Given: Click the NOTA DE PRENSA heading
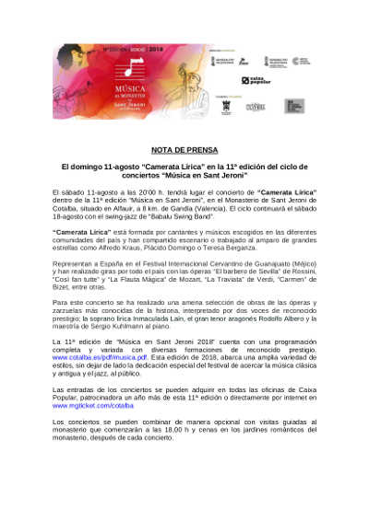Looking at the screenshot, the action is tap(184, 148).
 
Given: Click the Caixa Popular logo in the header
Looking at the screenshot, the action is tap(256, 81).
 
